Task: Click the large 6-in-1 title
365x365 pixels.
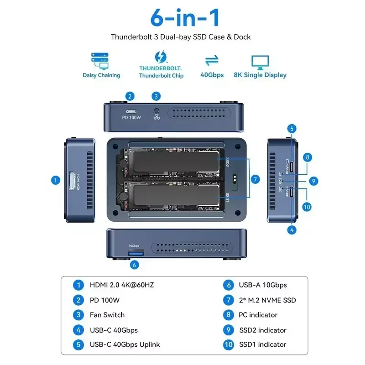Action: (x=185, y=17)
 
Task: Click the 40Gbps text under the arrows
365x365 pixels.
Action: (x=212, y=75)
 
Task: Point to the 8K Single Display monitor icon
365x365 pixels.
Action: (x=260, y=62)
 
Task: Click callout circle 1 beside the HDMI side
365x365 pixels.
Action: (x=55, y=180)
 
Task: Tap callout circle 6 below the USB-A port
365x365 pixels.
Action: (x=134, y=264)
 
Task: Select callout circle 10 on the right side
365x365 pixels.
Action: (x=307, y=207)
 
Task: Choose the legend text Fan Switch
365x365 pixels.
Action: (x=107, y=315)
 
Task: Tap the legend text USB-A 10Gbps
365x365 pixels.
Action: (x=262, y=285)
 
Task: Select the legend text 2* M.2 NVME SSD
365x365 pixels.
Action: (x=267, y=300)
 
